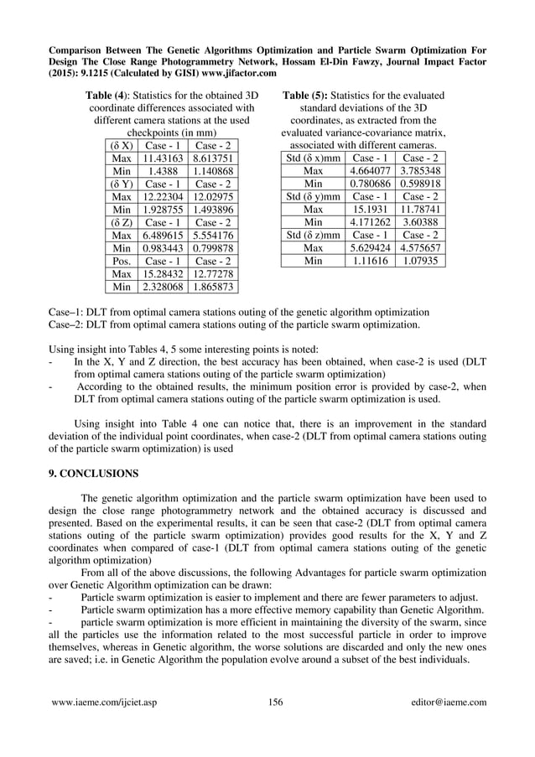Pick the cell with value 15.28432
[159, 273]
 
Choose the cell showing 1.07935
[420, 261]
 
